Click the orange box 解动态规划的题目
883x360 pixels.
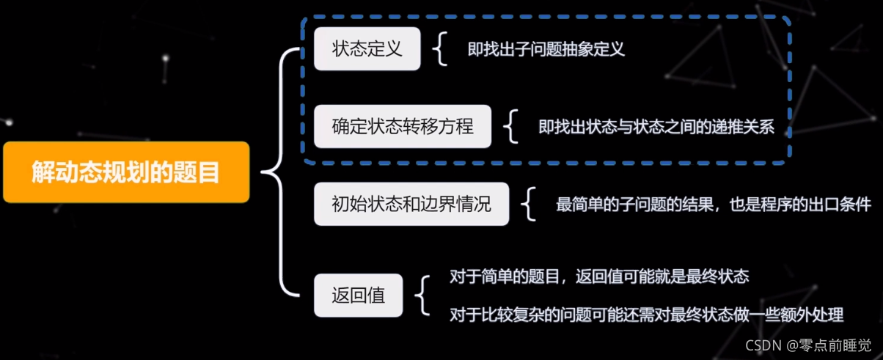[x=125, y=172]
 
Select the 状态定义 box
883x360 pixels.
[x=367, y=49]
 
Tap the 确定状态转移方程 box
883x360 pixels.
[x=403, y=127]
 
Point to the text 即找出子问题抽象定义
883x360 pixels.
[x=546, y=50]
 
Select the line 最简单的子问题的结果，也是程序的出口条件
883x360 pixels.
[x=713, y=205]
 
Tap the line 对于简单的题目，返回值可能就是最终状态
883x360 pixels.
[x=598, y=276]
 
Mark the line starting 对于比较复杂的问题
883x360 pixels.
[x=646, y=315]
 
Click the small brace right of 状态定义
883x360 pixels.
[x=439, y=50]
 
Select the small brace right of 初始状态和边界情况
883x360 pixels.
[x=528, y=205]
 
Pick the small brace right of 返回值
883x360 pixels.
[x=422, y=295]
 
